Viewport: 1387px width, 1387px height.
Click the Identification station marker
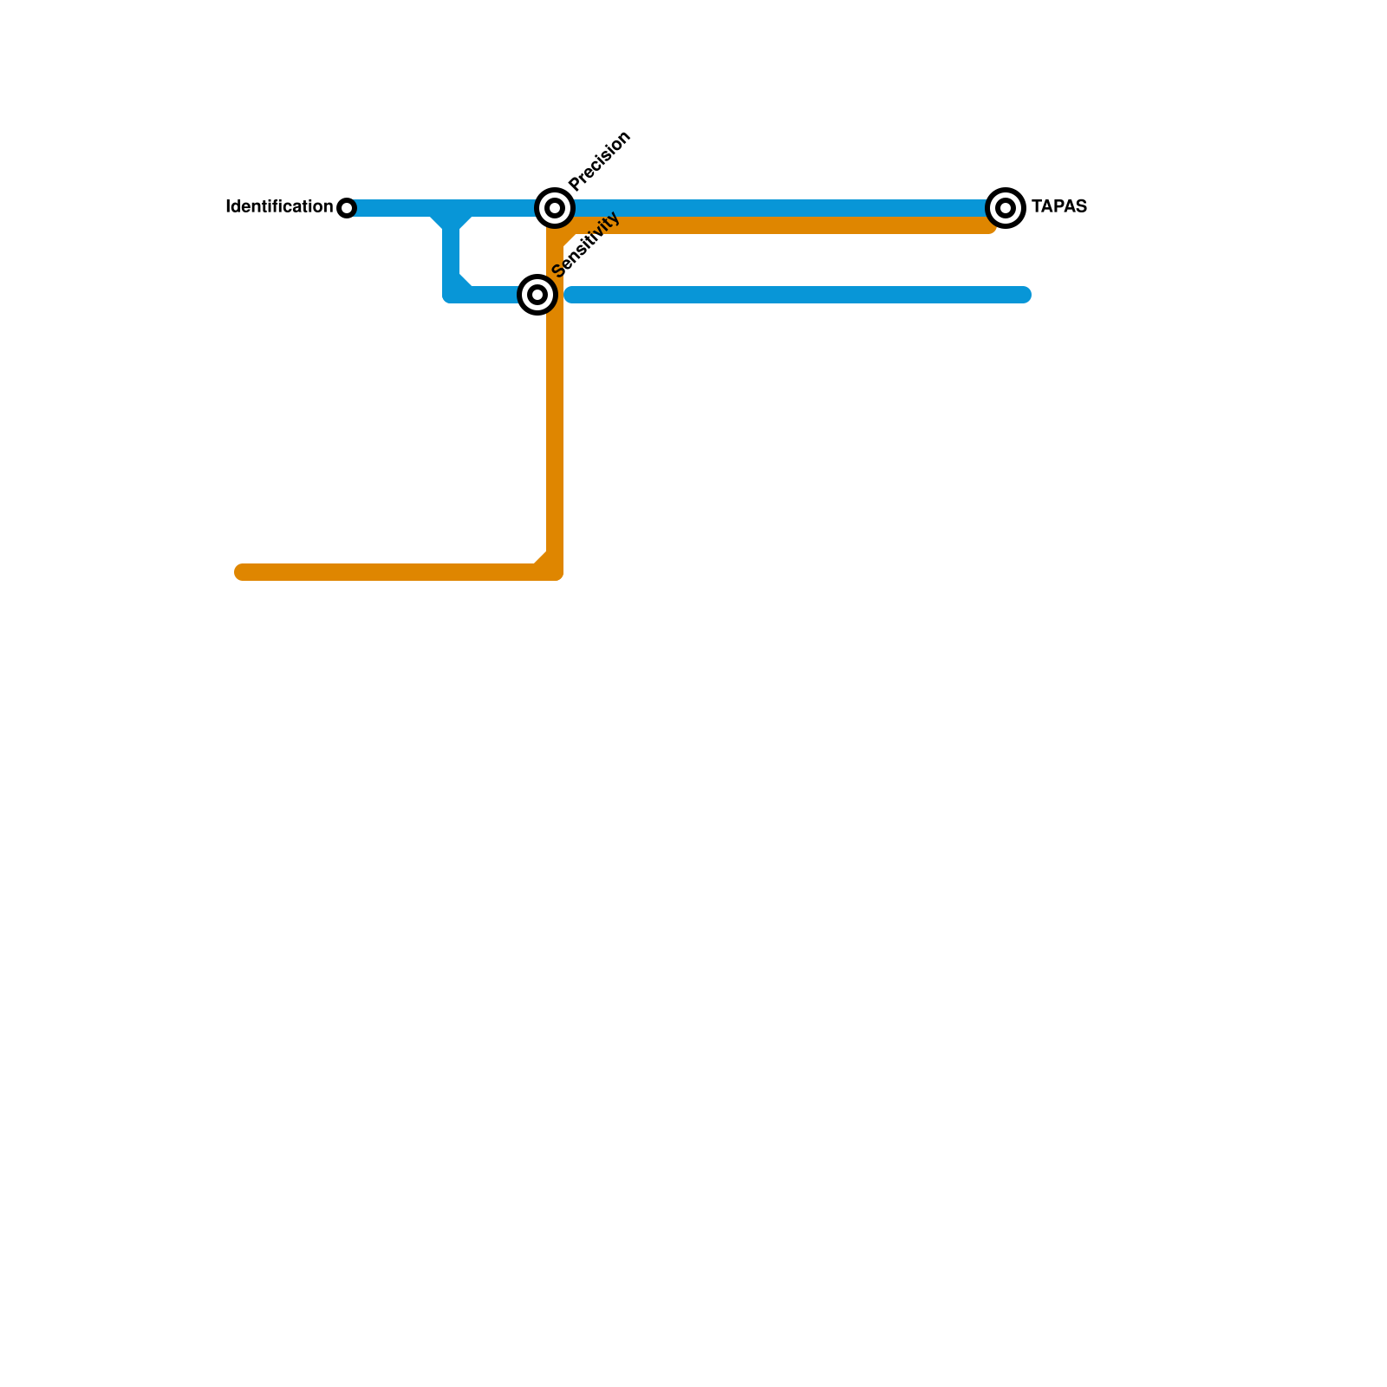coord(347,208)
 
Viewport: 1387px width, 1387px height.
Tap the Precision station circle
coord(555,208)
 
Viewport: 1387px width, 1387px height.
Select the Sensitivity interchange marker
coord(537,295)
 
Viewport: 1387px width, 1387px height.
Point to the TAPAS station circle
coord(1006,208)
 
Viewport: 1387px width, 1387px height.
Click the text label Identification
coord(278,207)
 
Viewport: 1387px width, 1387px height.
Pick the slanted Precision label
coord(600,160)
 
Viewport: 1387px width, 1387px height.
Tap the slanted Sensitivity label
coord(586,244)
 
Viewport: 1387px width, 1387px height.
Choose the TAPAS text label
coord(1058,207)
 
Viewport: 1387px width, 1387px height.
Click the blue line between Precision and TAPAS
coord(780,208)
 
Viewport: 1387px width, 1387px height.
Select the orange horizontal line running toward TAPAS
coord(780,225)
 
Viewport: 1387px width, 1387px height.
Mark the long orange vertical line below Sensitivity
coord(555,433)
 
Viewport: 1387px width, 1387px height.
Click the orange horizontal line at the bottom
coord(390,572)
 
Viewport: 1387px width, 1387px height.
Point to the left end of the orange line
coord(242,572)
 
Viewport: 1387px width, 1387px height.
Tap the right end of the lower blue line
coord(1024,295)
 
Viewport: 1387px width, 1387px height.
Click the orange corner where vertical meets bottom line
coord(553,570)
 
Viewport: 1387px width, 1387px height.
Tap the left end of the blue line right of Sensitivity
coord(571,295)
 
